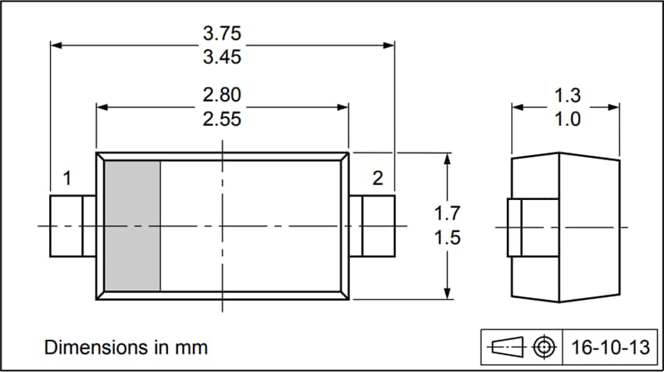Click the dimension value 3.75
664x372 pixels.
pos(222,34)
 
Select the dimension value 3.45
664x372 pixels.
pos(222,57)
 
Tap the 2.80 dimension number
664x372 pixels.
pos(222,95)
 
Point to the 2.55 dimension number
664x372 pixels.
pos(222,119)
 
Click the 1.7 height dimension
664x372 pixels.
pos(447,213)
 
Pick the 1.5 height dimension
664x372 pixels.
pos(447,238)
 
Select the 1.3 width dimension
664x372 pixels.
pos(567,96)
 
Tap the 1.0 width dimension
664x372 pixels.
pos(567,120)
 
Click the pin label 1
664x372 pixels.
pos(67,178)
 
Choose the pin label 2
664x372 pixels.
pos(378,178)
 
